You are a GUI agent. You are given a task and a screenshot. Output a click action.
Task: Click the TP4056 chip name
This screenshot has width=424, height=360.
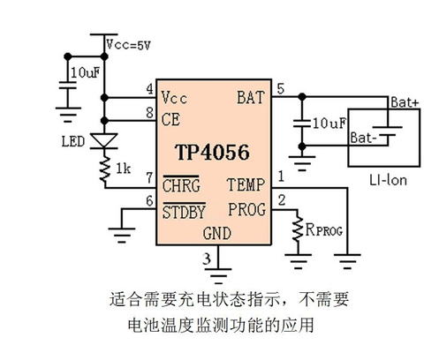212,153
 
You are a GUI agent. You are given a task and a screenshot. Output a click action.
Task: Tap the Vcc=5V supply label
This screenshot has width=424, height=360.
129,45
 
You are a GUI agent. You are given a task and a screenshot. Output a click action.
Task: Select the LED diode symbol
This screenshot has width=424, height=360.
104,141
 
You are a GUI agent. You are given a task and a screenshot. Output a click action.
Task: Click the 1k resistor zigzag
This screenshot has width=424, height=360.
105,169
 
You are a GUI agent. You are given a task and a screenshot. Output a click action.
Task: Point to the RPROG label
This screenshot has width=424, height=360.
324,229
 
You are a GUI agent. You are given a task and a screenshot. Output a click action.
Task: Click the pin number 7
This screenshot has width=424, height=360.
149,177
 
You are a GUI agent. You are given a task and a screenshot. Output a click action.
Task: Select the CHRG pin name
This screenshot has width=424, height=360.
181,185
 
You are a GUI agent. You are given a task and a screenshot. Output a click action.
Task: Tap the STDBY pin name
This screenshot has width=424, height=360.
184,212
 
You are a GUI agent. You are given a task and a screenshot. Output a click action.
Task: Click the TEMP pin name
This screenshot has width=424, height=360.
246,184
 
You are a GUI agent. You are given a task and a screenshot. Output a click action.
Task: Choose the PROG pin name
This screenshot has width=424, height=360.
247,209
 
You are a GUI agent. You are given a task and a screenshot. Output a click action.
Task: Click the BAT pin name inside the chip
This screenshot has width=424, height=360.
251,97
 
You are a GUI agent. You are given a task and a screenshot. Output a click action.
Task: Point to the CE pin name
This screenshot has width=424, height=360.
170,119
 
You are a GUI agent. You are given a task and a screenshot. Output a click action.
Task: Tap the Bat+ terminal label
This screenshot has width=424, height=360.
405,102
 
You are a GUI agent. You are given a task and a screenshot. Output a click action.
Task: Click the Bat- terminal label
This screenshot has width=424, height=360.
364,138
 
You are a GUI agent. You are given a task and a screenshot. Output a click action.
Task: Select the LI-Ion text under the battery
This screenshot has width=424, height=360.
389,180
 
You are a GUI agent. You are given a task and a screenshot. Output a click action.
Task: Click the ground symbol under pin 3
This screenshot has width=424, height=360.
218,275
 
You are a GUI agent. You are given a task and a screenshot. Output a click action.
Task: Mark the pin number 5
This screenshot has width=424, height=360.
281,88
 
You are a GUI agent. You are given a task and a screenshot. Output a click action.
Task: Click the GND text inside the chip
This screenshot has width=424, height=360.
217,233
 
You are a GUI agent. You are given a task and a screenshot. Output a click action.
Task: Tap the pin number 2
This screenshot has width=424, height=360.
282,200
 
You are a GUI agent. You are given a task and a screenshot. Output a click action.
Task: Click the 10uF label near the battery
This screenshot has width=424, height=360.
329,124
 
